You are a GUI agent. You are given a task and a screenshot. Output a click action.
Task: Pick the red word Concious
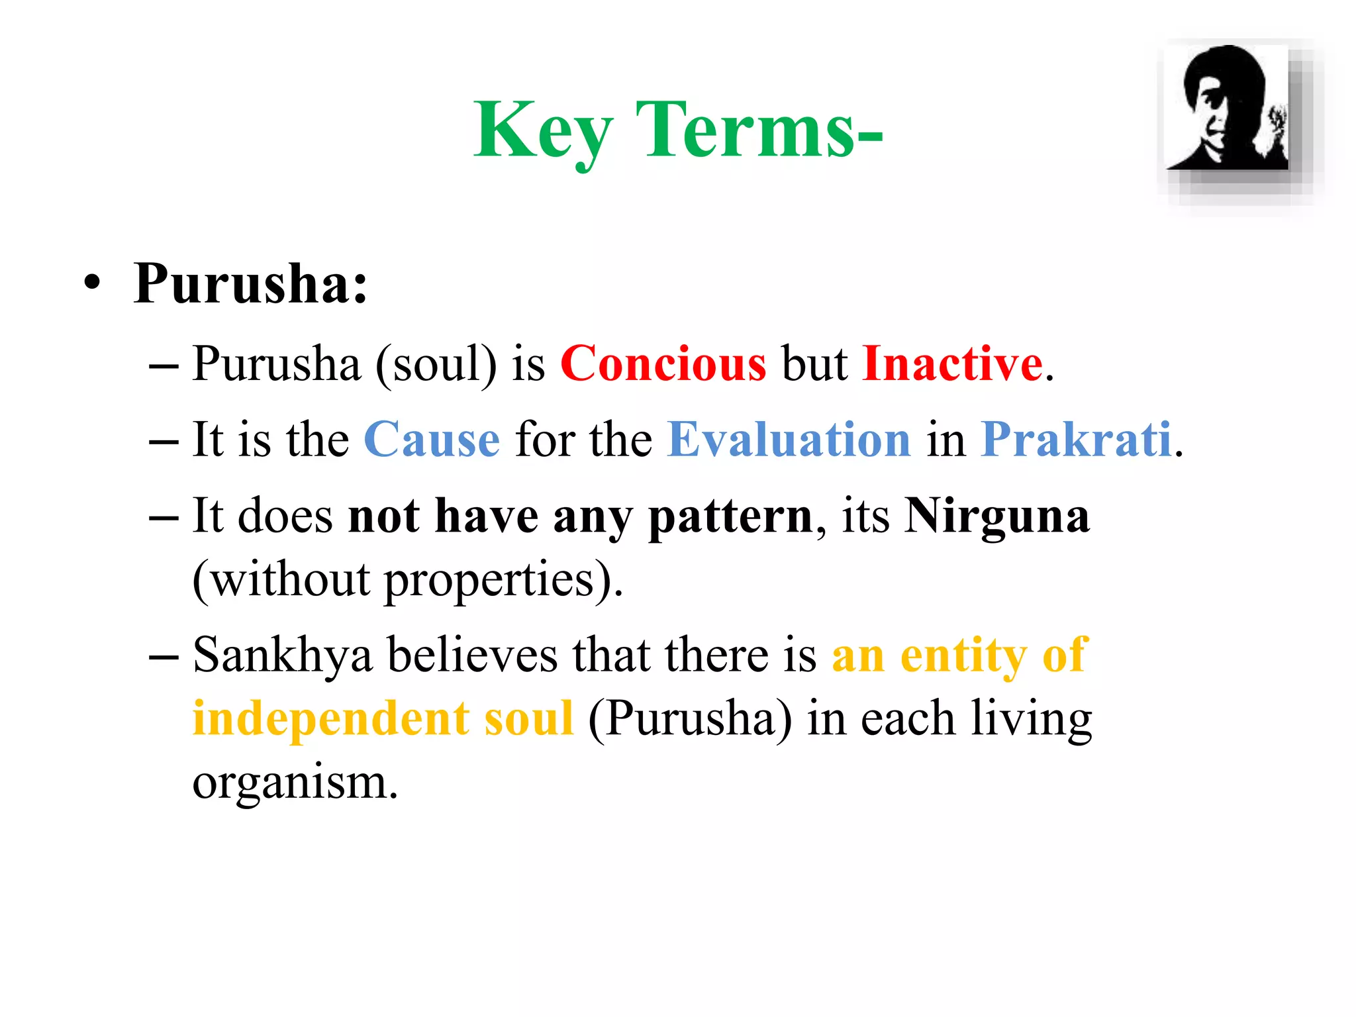click(663, 363)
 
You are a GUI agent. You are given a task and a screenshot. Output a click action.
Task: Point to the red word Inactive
click(952, 363)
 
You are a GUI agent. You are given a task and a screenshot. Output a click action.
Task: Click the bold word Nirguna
click(996, 516)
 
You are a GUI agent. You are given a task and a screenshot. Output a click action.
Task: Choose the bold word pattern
click(730, 517)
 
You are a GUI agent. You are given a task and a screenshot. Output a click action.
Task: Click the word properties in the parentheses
click(489, 580)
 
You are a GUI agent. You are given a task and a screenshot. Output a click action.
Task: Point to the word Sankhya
click(283, 655)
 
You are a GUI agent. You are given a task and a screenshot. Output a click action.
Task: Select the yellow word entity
click(964, 655)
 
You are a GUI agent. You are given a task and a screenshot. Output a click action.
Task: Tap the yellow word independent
click(330, 718)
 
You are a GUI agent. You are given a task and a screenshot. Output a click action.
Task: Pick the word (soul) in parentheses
click(436, 363)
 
